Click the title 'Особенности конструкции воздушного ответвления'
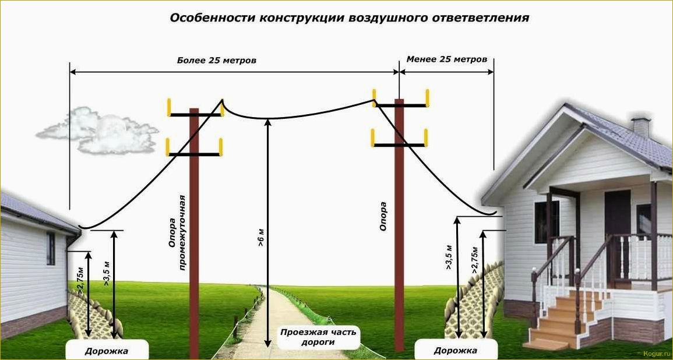[349, 18]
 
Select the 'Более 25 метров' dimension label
[217, 61]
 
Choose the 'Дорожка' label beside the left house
[107, 351]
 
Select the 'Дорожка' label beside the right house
[456, 351]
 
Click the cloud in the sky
[98, 130]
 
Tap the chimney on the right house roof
[641, 127]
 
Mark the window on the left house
[51, 248]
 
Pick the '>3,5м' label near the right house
[449, 256]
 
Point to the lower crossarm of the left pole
[194, 154]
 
